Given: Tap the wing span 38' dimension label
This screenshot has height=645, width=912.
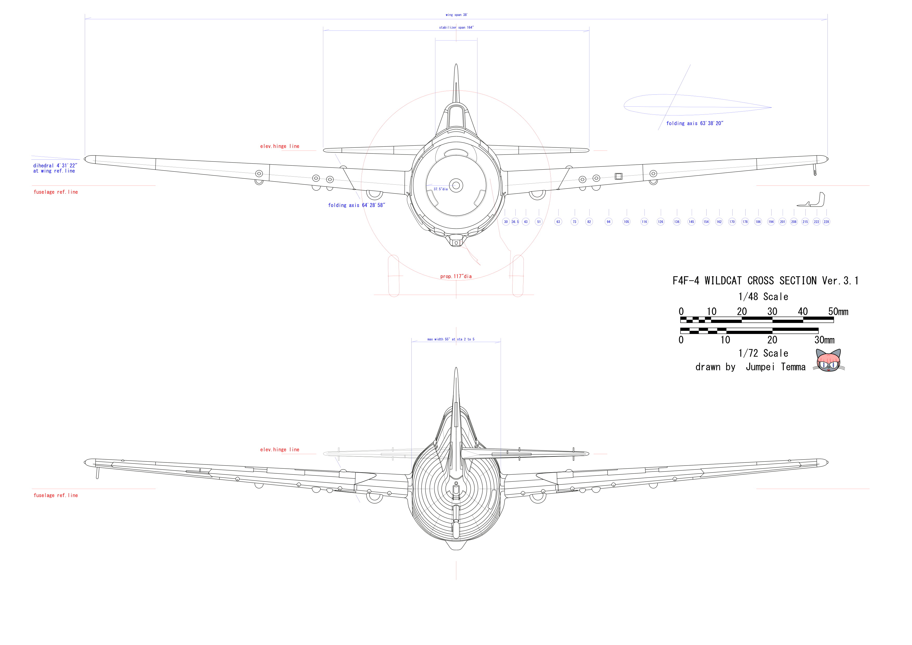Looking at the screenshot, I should [456, 15].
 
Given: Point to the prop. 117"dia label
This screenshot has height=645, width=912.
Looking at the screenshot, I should [456, 276].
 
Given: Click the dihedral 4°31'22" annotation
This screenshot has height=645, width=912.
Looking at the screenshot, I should [55, 166].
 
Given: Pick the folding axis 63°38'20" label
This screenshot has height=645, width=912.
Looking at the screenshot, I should [695, 124].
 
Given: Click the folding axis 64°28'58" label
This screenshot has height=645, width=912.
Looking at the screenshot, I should [356, 205].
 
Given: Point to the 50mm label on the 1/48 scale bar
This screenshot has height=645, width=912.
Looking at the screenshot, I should [838, 312].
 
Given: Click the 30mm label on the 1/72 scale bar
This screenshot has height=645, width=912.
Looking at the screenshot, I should [824, 340].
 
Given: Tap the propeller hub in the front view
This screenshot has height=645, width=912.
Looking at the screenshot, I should [456, 185].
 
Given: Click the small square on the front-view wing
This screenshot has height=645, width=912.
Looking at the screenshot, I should [618, 176].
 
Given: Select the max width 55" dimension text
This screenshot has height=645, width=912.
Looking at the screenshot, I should [451, 340].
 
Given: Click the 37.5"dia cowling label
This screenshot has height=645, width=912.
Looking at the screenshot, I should [441, 189].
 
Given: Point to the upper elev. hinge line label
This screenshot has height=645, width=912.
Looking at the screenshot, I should [280, 146].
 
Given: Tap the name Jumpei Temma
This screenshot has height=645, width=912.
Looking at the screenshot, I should [775, 367].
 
